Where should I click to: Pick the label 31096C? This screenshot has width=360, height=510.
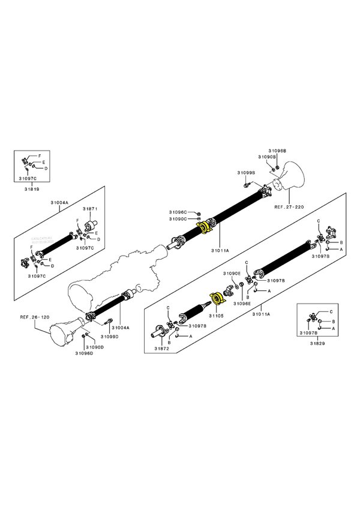[x=178, y=211]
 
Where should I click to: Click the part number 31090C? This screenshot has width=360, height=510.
[x=178, y=218]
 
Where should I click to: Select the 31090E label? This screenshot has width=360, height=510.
[x=232, y=274]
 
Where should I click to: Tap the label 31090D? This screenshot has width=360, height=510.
[x=95, y=347]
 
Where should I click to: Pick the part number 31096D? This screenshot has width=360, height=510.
[x=84, y=353]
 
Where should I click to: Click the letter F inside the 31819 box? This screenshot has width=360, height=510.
[x=40, y=156]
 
